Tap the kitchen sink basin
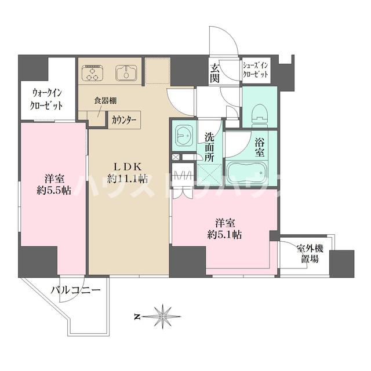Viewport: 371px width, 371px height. (x=125, y=74)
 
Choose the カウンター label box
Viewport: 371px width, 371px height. (x=124, y=120)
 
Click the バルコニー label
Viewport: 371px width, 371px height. (x=76, y=289)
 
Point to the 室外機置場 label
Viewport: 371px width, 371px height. (x=307, y=254)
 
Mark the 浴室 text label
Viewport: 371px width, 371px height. (x=259, y=146)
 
